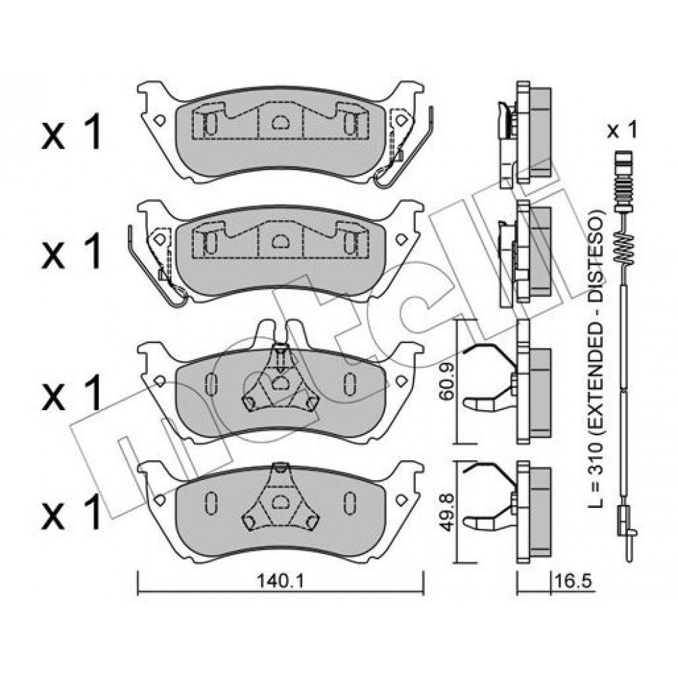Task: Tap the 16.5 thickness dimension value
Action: click(x=572, y=581)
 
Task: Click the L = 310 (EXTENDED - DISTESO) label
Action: click(x=596, y=359)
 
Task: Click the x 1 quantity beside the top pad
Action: click(x=71, y=132)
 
